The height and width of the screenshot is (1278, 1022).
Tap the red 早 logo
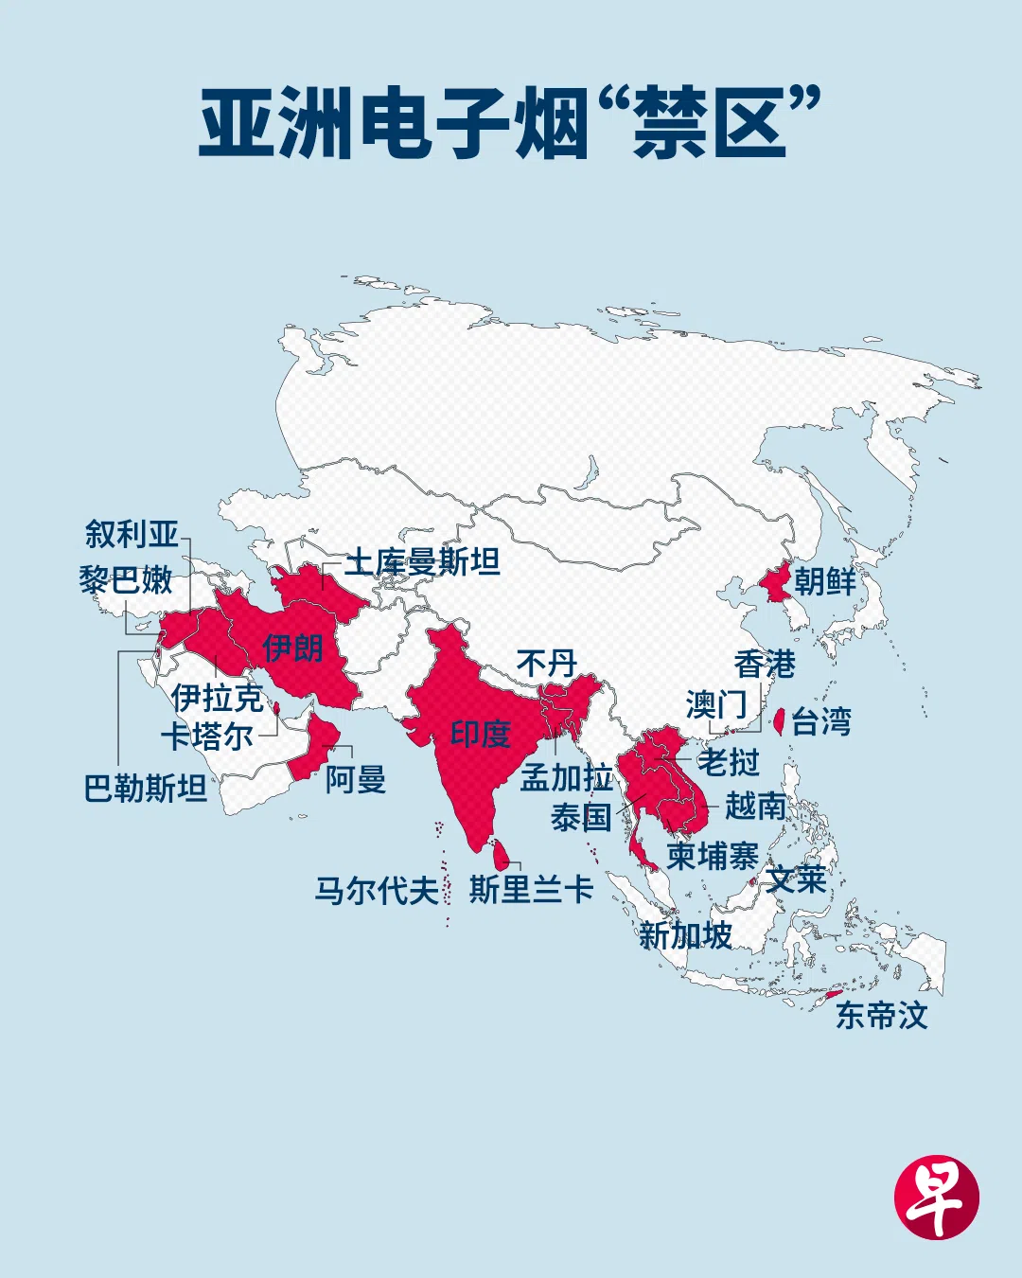[936, 1197]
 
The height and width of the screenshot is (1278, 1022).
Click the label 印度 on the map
[481, 735]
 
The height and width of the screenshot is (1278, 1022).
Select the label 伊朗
[292, 648]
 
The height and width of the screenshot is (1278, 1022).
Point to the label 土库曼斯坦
[422, 562]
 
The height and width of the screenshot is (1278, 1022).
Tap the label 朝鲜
[824, 581]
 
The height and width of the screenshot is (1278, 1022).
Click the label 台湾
[821, 722]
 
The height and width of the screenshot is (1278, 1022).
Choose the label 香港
[765, 665]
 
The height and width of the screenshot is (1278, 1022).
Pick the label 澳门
[716, 704]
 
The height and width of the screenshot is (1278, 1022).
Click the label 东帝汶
[881, 1016]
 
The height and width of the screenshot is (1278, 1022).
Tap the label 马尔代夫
[377, 891]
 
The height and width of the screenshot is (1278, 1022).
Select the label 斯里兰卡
[531, 890]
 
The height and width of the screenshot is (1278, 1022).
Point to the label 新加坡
[685, 936]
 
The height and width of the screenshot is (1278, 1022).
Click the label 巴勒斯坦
[145, 788]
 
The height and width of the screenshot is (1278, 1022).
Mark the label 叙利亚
[132, 534]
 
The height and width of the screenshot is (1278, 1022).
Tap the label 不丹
[546, 664]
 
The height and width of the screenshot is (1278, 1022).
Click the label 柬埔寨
[713, 856]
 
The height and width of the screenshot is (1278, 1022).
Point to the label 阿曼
[356, 780]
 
